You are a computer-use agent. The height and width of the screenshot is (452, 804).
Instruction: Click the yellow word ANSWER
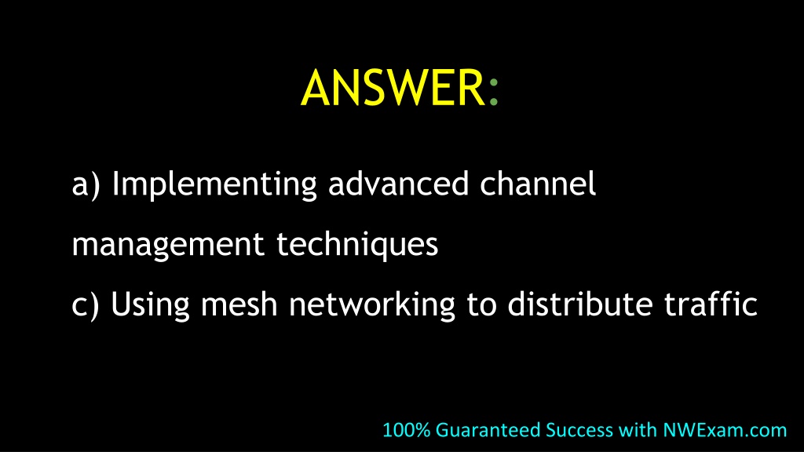(393, 88)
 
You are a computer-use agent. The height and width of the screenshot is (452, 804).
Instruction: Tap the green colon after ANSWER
(494, 92)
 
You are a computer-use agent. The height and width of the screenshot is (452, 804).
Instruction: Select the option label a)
(86, 184)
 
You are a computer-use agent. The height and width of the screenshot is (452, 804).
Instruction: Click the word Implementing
(214, 184)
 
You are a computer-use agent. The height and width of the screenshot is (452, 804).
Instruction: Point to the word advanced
(399, 184)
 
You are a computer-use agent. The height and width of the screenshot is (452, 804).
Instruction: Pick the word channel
(538, 184)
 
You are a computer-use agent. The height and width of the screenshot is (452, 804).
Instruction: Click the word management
(168, 245)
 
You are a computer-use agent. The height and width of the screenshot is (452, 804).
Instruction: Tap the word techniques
(357, 245)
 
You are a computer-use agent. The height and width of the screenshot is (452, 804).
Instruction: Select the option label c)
(85, 305)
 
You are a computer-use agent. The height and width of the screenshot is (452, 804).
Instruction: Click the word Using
(150, 305)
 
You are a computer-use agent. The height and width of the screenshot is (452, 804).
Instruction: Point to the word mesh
(239, 304)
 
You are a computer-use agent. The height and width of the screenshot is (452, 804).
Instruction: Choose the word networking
(372, 305)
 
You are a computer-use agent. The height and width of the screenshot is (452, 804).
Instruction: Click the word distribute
(580, 304)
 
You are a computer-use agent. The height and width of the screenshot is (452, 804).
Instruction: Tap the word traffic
(711, 304)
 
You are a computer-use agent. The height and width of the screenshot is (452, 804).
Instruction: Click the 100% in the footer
(407, 430)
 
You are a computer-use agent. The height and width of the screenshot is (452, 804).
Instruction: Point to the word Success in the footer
(579, 430)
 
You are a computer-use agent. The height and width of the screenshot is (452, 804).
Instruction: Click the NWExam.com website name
(725, 430)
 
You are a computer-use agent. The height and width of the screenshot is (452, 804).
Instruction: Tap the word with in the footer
(638, 430)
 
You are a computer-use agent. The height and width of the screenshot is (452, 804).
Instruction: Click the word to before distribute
(481, 305)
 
